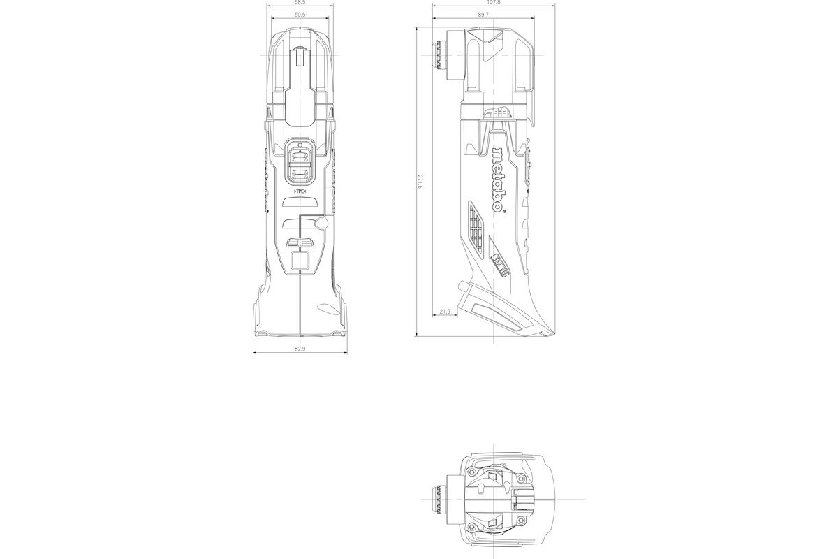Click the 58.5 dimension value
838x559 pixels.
click(300, 3)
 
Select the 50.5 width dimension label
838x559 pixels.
click(300, 14)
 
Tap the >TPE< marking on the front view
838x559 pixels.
click(300, 190)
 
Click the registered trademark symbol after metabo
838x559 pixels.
click(501, 208)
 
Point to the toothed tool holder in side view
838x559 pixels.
click(440, 55)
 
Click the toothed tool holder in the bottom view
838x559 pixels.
click(439, 499)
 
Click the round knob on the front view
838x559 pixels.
click(321, 223)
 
